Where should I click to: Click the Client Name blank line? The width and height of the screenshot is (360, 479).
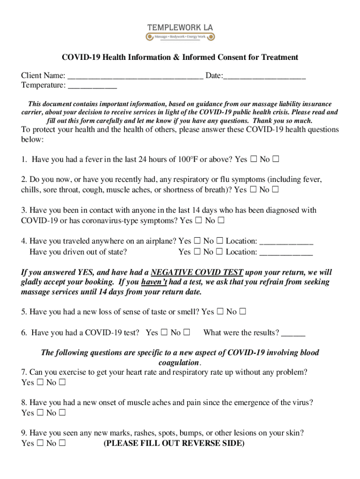pos(135,76)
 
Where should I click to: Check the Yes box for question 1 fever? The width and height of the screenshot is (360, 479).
pos(253,160)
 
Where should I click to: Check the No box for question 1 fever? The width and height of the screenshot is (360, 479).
pos(276,160)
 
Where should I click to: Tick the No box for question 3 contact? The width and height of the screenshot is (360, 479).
pos(221,220)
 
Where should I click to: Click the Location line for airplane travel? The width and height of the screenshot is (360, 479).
pos(286,242)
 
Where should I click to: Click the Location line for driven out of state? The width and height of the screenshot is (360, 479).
pos(286,253)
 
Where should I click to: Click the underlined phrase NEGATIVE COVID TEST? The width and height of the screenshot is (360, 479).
pos(197,272)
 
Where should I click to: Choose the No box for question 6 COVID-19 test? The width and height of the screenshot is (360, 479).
pos(187,333)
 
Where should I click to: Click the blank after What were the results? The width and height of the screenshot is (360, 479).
pos(293,334)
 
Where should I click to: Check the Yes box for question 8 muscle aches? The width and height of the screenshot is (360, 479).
pos(40,413)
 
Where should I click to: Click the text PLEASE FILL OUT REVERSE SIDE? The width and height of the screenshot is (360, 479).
pos(173,443)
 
